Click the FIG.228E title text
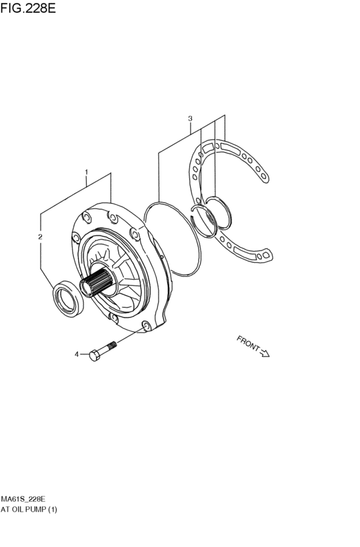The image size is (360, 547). [28, 8]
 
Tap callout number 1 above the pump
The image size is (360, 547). [86, 172]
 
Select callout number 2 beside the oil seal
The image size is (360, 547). [40, 237]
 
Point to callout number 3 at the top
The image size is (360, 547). [190, 119]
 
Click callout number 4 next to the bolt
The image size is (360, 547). [76, 354]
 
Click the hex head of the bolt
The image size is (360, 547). [94, 355]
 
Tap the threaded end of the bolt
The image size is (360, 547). [112, 345]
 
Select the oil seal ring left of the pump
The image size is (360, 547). [68, 298]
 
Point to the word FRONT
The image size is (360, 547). [248, 344]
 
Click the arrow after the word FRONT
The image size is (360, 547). [265, 353]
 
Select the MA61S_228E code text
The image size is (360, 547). [23, 499]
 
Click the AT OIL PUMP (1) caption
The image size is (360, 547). [28, 509]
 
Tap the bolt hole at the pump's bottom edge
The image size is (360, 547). [146, 326]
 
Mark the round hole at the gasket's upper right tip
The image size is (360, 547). [264, 177]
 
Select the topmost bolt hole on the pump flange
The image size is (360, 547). [113, 218]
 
